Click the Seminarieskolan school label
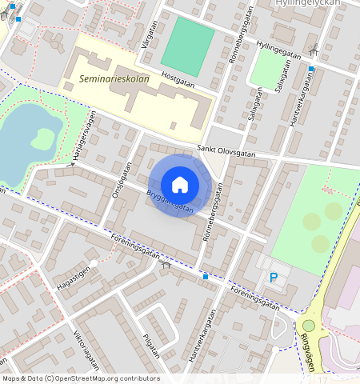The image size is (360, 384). [114, 79]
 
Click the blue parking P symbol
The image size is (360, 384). [274, 278]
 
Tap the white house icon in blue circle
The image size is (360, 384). [180, 185]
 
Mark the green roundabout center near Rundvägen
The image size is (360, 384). [308, 325]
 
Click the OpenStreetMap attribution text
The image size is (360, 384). [81, 378]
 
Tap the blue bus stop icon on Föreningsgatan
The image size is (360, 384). [206, 277]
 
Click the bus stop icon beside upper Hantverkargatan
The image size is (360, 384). [311, 69]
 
